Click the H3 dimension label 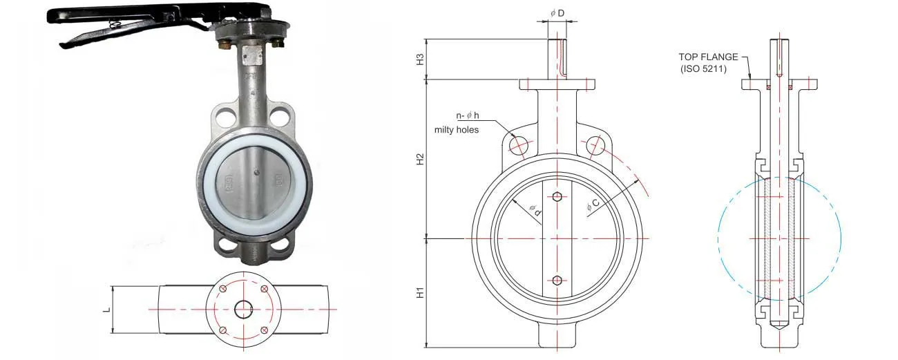click(419, 59)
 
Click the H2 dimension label click(419, 159)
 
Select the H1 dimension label click(419, 293)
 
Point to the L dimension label click(106, 309)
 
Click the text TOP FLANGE click(708, 57)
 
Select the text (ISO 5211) click(704, 68)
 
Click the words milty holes click(456, 129)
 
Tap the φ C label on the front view click(593, 205)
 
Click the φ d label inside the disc click(534, 211)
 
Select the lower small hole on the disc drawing click(558, 280)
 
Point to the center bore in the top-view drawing click(243, 309)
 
